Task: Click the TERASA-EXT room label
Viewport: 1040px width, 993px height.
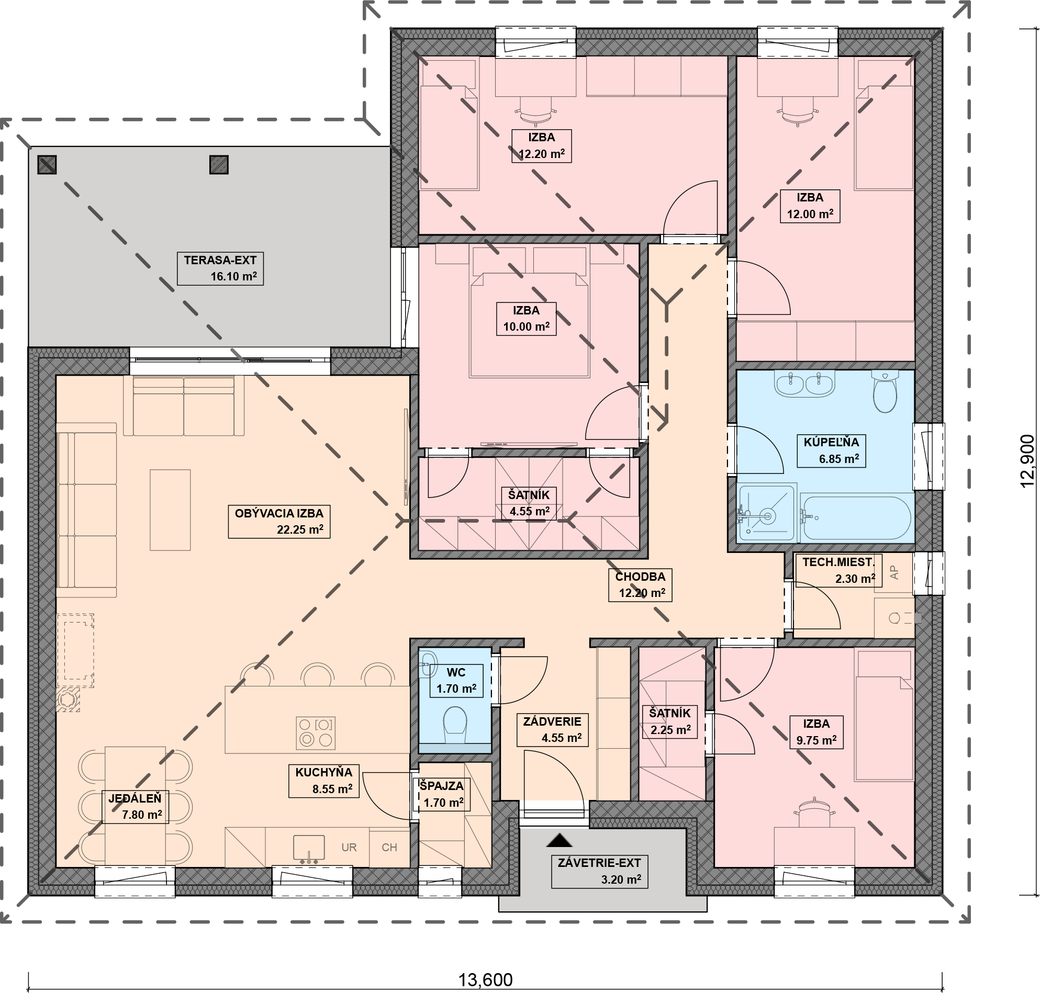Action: [220, 268]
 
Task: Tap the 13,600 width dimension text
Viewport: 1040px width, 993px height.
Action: [485, 980]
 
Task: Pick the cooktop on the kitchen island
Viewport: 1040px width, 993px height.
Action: [316, 732]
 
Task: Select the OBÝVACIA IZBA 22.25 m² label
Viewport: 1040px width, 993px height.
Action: [279, 522]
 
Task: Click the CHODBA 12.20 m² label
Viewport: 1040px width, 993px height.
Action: [640, 585]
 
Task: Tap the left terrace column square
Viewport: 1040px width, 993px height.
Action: [47, 165]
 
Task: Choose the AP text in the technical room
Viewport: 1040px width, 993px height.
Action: [894, 572]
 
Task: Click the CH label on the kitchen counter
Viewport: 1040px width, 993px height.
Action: [389, 848]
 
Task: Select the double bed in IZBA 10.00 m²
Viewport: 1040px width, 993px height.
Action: [529, 324]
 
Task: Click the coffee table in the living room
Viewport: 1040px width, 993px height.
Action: [170, 510]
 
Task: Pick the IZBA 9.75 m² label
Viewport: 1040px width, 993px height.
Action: [816, 732]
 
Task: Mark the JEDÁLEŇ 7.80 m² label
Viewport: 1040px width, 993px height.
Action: [136, 807]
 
